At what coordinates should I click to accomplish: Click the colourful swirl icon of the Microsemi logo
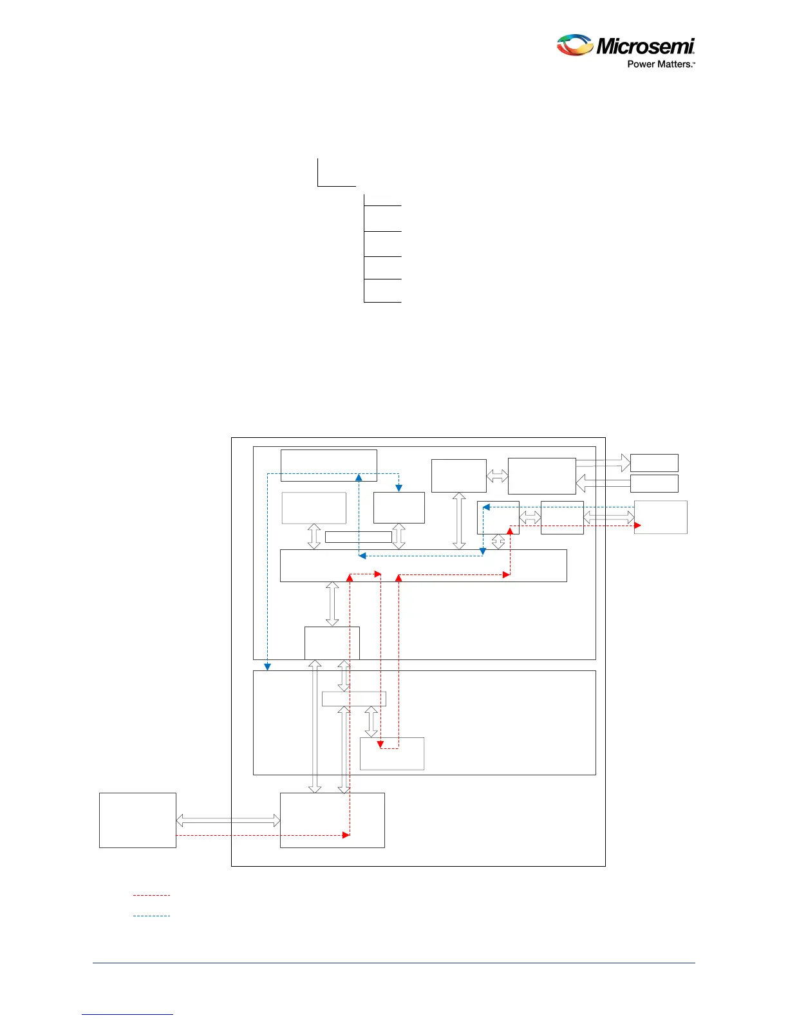tap(574, 45)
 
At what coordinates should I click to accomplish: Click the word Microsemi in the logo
tap(645, 46)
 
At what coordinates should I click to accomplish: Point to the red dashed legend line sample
tap(151, 895)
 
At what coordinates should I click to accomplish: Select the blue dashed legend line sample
tap(151, 916)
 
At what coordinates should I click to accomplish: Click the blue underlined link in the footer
tap(127, 1014)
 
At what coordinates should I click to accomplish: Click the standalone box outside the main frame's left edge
tap(137, 820)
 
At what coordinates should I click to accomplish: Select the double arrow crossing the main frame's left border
tap(228, 820)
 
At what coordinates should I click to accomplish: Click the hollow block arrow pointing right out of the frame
tap(603, 462)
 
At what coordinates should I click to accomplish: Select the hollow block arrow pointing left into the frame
tap(603, 483)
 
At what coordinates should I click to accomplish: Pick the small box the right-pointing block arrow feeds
tap(654, 462)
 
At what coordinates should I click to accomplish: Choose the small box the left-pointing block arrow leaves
tap(654, 483)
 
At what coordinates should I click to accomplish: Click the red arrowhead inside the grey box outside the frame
tap(637, 525)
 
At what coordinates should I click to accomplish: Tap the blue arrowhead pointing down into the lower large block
tap(268, 666)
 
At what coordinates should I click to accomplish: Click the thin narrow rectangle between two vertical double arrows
tap(358, 537)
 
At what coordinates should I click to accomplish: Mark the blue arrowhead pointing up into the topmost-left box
tap(359, 477)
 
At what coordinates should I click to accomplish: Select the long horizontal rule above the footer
tap(394, 963)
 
